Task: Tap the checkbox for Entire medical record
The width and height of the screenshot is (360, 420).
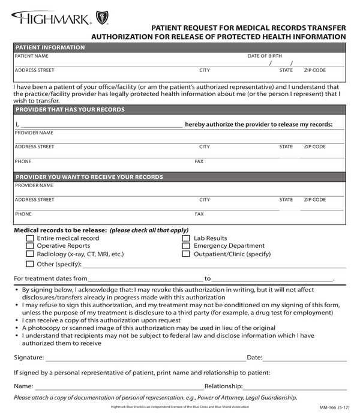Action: [30, 238]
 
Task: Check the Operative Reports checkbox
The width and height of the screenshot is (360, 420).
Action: [30, 246]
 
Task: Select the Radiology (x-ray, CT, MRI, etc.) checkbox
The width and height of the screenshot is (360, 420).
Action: [30, 254]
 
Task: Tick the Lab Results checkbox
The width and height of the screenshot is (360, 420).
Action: [186, 238]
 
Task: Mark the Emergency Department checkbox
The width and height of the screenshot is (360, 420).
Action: [186, 246]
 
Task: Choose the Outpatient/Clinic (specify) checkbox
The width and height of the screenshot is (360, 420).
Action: [186, 254]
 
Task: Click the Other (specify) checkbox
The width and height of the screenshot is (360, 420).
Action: [30, 264]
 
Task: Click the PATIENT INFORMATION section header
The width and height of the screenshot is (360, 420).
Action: [50, 47]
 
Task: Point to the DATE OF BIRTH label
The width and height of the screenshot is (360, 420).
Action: [265, 56]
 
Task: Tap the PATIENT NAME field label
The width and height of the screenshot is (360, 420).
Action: [32, 56]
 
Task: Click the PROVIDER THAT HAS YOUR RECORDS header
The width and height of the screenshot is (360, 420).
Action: [70, 110]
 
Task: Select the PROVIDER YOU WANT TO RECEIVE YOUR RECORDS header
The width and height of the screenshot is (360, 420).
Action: [89, 177]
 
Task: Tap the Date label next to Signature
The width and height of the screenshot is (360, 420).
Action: [254, 358]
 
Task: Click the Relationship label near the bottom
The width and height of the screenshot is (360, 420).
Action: [223, 387]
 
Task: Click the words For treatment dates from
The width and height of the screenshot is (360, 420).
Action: [50, 278]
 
